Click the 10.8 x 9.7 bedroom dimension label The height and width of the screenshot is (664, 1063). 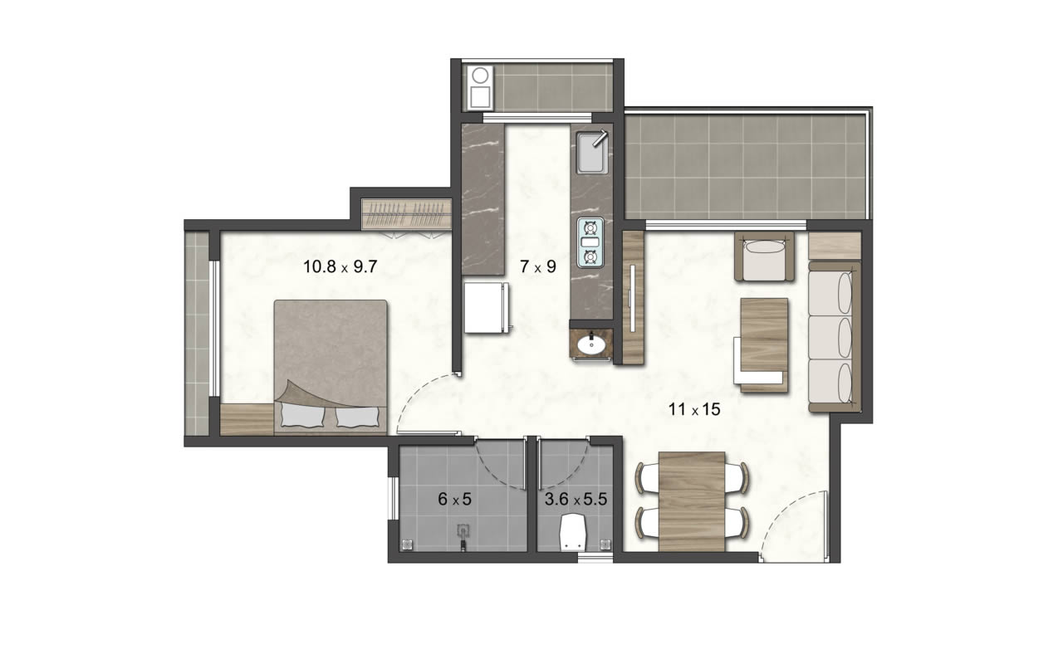(340, 267)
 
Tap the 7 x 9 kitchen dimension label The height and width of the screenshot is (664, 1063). (537, 267)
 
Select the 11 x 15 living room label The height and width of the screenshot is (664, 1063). (694, 409)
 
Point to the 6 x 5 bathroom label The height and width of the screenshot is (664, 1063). (454, 500)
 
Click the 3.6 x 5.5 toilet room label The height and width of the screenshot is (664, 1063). (576, 500)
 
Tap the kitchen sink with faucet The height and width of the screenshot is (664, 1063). (592, 152)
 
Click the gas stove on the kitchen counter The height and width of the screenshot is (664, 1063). (590, 242)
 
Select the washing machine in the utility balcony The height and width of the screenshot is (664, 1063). (480, 88)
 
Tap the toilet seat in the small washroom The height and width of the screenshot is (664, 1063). (573, 533)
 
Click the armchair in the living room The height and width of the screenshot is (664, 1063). (764, 256)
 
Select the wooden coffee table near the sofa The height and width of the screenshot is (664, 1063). (764, 344)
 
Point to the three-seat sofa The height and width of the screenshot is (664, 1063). (835, 337)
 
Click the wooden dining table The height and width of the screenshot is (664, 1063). (692, 501)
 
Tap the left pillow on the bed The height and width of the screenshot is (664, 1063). (303, 417)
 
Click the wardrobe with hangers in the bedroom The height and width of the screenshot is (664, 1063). (406, 214)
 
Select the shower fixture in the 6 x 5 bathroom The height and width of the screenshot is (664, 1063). (463, 536)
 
